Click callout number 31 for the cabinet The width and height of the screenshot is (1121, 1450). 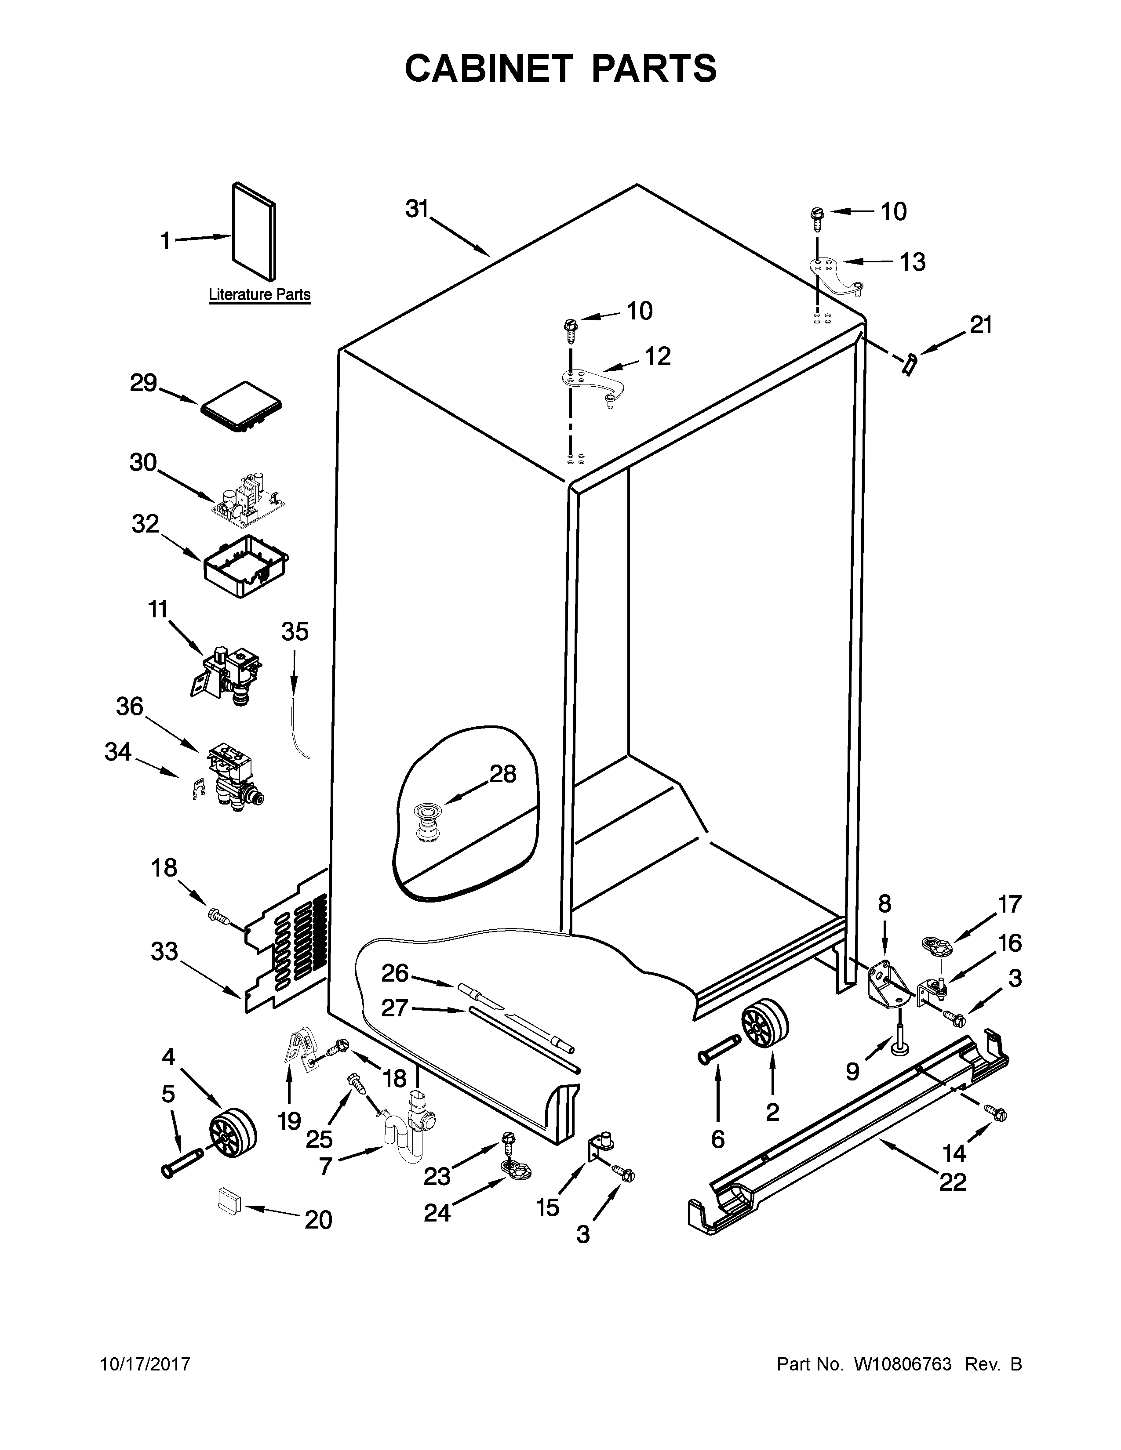[x=417, y=209]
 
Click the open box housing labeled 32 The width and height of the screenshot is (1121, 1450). [x=246, y=568]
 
